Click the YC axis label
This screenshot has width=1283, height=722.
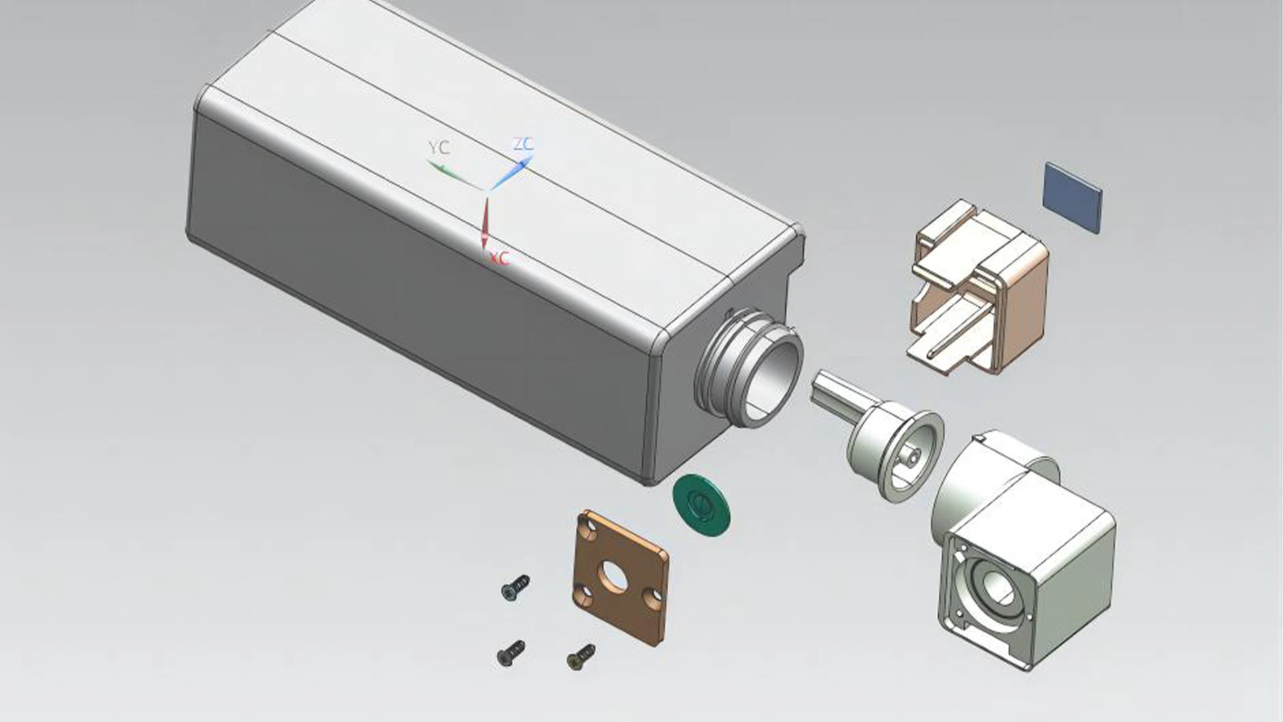click(x=438, y=148)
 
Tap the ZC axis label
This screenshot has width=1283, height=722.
click(x=523, y=144)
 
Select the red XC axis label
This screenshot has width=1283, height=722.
click(x=499, y=258)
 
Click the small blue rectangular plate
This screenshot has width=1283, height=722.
click(x=1072, y=197)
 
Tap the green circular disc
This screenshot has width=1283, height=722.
click(x=701, y=505)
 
